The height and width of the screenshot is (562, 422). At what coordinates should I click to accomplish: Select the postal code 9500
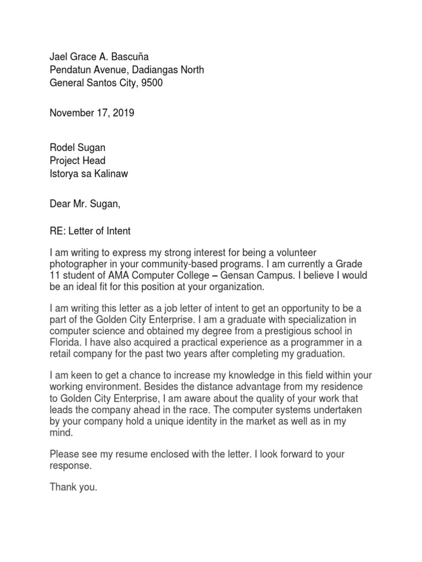152,83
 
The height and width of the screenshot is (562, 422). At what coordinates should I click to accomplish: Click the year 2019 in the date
123,113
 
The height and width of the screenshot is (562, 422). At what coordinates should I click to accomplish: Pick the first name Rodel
62,148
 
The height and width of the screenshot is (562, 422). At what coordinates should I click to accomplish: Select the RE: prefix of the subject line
58,231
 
